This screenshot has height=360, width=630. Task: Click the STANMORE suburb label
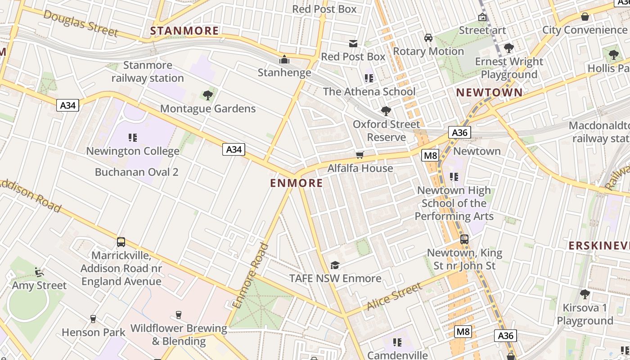[184, 31]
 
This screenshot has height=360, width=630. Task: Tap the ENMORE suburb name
[297, 183]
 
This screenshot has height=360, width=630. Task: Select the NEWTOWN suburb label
[490, 93]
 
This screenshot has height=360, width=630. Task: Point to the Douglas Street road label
[81, 23]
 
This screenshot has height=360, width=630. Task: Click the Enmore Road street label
[251, 276]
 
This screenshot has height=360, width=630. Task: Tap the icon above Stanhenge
[284, 59]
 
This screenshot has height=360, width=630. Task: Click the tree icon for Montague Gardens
[207, 95]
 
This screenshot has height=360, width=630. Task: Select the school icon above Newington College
[132, 137]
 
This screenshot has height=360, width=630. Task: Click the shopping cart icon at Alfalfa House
[360, 155]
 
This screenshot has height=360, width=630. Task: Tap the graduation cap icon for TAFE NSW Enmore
[335, 265]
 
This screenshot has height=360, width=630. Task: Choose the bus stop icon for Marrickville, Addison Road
[121, 242]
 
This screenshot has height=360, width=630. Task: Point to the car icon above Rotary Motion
[428, 38]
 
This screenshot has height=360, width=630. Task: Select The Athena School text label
[369, 91]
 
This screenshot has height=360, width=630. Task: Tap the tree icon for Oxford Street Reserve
[386, 111]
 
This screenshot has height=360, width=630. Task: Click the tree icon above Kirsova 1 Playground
[585, 294]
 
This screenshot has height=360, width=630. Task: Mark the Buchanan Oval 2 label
[137, 172]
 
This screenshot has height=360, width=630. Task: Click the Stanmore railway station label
[148, 72]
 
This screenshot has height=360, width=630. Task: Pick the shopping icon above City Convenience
[585, 17]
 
